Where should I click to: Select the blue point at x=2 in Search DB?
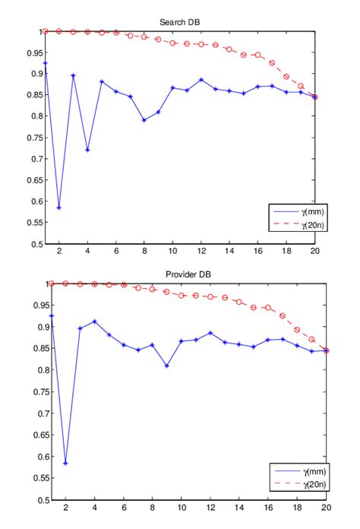(59, 207)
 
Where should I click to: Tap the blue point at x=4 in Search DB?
(87, 150)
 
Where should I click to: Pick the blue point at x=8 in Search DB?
(144, 120)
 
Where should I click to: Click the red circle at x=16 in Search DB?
(258, 55)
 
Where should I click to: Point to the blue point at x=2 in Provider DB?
(66, 463)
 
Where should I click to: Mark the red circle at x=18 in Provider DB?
(296, 330)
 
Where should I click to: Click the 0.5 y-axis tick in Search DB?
(37, 245)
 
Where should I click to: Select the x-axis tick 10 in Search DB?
(173, 252)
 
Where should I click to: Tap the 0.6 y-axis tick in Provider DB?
(37, 457)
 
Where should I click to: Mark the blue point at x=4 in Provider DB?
(94, 321)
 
